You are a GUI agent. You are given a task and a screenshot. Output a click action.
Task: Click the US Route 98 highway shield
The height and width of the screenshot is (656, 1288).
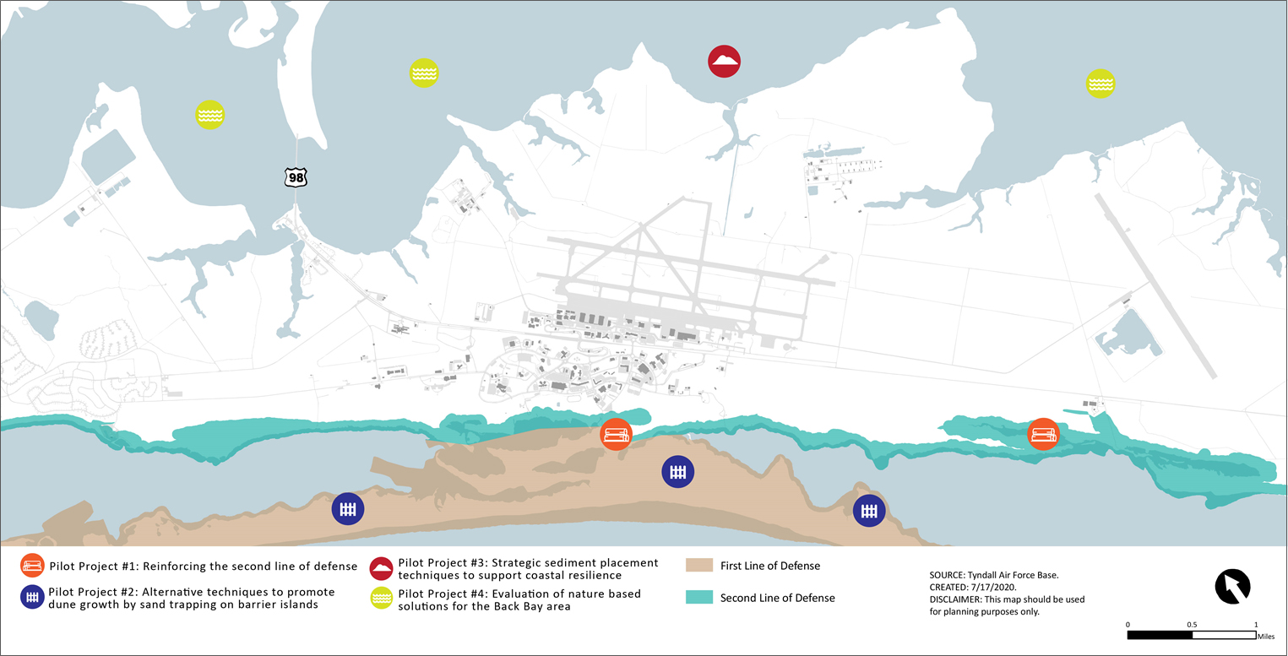(x=296, y=176)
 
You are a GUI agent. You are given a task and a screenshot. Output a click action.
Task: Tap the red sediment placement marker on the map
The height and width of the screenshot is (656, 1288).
(x=724, y=61)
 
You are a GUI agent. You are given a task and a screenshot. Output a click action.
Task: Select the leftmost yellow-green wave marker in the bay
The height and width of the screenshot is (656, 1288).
(x=209, y=114)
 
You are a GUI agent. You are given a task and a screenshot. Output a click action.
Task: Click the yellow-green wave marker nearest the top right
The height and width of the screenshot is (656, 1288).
(x=1100, y=83)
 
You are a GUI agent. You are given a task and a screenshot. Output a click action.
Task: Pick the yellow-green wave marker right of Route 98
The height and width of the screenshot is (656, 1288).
(x=423, y=73)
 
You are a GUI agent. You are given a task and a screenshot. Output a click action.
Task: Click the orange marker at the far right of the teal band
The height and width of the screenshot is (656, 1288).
(x=1043, y=434)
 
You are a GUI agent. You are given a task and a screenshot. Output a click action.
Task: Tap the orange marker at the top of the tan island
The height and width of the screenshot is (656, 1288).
(x=615, y=434)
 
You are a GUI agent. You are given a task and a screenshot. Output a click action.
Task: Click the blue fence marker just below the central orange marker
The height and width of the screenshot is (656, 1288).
(x=677, y=472)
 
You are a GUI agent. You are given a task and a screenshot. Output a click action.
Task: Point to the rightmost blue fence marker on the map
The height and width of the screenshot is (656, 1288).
(x=868, y=510)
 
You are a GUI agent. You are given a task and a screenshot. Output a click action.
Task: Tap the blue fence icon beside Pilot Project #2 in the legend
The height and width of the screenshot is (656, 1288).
(x=32, y=597)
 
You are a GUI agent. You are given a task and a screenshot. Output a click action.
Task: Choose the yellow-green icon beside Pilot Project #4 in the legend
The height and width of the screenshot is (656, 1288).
(x=382, y=599)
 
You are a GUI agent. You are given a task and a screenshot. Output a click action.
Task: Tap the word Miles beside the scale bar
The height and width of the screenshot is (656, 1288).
(x=1265, y=636)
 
